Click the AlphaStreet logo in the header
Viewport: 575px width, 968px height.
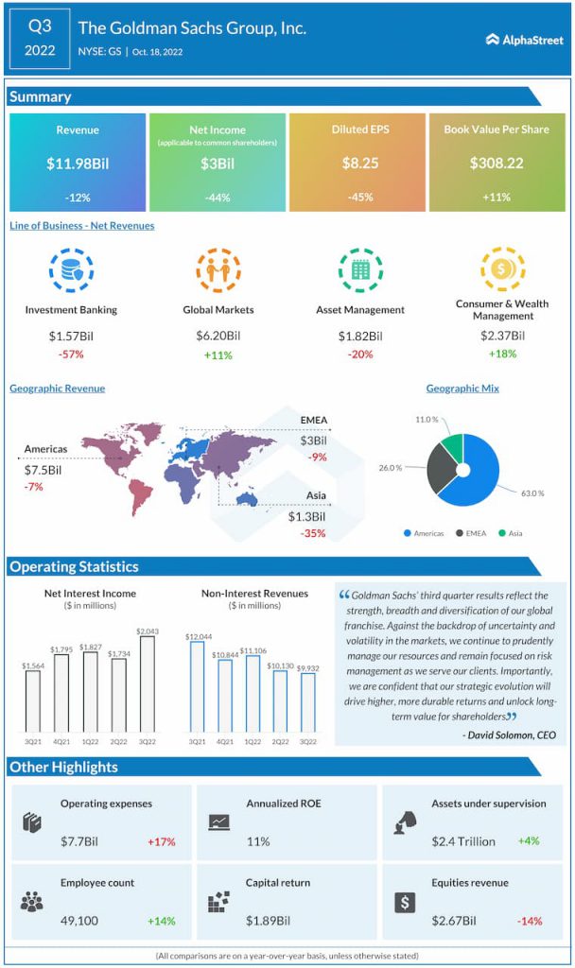[x=524, y=39]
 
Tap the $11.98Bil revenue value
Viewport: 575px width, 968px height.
[x=78, y=164]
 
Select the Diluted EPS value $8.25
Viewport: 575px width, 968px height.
[x=359, y=164]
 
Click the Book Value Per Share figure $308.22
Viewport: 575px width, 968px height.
[x=497, y=164]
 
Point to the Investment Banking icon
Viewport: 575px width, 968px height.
[x=71, y=270]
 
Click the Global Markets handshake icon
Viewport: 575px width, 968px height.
[x=218, y=270]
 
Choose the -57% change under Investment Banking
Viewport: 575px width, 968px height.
[x=71, y=354]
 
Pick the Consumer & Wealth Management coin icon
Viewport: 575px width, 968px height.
[x=501, y=268]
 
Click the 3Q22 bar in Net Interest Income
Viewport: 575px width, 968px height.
[x=147, y=683]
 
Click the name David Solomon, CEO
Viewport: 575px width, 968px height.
[x=509, y=735]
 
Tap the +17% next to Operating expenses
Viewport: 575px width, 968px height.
[x=161, y=841]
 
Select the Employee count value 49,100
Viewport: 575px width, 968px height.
[x=81, y=920]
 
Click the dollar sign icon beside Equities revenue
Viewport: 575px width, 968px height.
[x=405, y=902]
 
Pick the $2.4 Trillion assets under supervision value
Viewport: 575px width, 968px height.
[x=464, y=841]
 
